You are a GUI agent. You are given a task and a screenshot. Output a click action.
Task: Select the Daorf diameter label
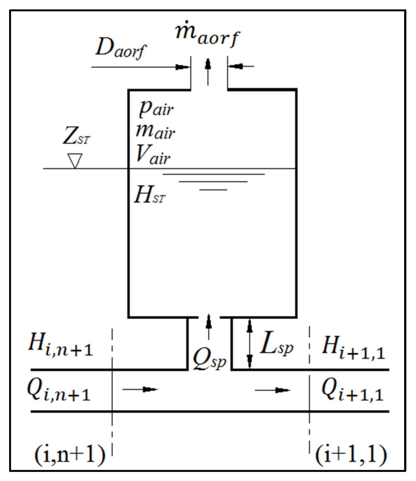click(121, 50)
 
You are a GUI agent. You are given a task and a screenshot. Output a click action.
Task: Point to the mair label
click(155, 132)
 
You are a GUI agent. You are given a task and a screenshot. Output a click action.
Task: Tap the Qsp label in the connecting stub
click(209, 359)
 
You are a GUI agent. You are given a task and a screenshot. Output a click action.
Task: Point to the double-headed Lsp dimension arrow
click(250, 344)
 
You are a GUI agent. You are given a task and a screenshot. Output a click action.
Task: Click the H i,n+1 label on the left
click(60, 347)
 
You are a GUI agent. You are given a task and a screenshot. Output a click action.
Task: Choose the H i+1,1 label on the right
click(353, 349)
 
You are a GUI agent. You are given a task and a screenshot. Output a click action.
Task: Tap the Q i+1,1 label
click(352, 391)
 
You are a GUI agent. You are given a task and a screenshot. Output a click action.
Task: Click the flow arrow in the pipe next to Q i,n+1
click(140, 389)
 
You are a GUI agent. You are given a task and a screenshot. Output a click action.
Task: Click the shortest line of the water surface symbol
click(213, 190)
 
